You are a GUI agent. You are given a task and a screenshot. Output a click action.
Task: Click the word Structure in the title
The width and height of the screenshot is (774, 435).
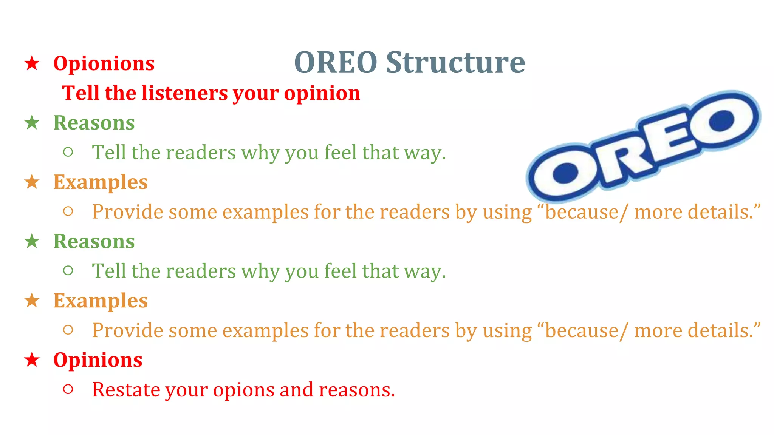point(455,62)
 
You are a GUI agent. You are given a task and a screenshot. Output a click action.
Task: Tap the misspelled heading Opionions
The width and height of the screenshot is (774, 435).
point(104,63)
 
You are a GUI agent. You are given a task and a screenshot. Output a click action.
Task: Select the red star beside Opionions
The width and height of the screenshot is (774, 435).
point(32,63)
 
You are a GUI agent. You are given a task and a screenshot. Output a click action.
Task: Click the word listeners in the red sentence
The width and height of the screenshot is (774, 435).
point(185,93)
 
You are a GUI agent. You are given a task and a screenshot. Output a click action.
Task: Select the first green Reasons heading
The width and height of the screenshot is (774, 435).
point(94,123)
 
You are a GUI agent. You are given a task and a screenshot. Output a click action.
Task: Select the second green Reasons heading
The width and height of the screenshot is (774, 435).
point(94,241)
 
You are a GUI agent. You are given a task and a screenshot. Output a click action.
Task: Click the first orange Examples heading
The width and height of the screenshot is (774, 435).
point(100,182)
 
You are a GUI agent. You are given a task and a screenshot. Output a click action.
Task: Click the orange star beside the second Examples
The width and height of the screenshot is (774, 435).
point(32,301)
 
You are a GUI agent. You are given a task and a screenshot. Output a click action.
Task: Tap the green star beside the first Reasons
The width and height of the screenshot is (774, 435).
point(32,123)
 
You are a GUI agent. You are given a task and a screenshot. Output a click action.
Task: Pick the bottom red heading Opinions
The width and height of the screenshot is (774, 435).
point(98,360)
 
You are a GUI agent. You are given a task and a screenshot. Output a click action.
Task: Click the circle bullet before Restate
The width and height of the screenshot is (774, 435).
point(68,389)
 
